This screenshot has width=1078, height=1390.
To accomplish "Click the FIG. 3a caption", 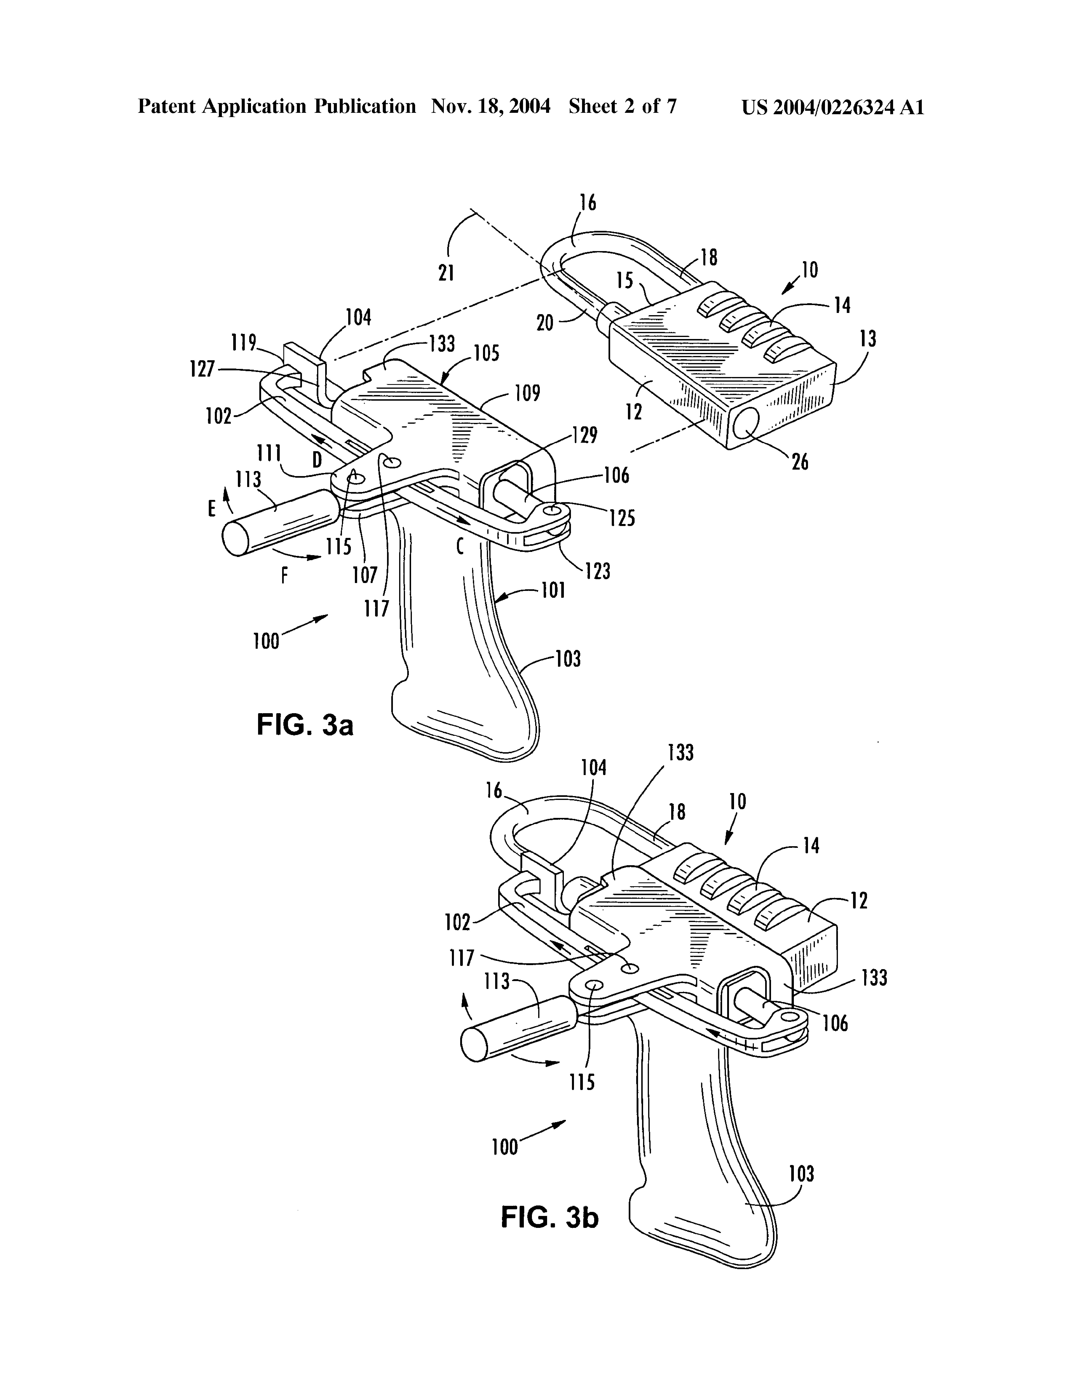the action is click(x=305, y=725).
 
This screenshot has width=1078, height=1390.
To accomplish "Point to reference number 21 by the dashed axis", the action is click(x=446, y=273).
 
